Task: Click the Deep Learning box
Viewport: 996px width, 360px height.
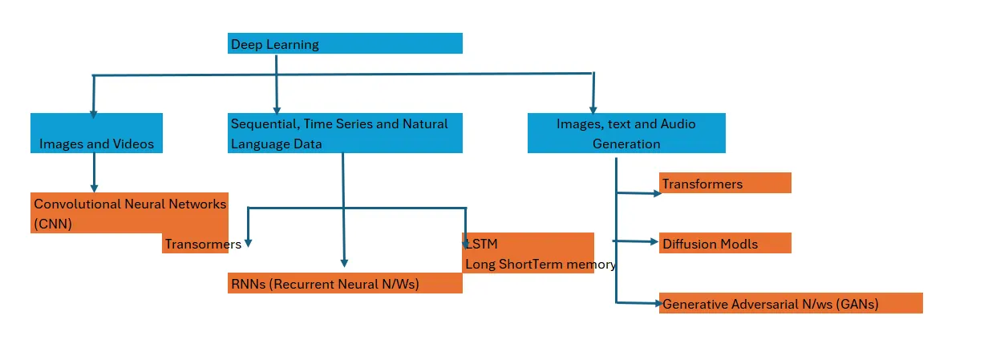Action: click(x=345, y=43)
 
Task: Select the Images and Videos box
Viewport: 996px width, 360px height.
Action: click(x=96, y=133)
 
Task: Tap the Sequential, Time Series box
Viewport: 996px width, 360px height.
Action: click(x=345, y=133)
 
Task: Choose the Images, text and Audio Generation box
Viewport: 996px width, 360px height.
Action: click(x=626, y=133)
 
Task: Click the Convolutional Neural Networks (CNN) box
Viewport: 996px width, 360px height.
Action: click(x=130, y=212)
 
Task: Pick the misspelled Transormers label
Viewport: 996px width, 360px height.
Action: click(x=202, y=245)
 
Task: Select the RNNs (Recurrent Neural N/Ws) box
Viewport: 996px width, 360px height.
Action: click(x=345, y=283)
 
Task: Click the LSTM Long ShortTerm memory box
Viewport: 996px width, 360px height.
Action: click(x=528, y=253)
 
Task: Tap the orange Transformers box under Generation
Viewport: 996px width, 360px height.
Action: click(x=725, y=183)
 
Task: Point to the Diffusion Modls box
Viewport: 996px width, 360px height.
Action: click(x=725, y=243)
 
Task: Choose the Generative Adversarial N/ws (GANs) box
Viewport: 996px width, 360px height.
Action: click(x=791, y=303)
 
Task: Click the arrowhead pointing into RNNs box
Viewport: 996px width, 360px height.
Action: click(x=344, y=261)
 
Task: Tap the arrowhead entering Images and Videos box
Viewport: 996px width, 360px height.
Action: click(x=93, y=114)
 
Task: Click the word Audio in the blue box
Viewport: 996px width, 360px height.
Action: click(x=678, y=123)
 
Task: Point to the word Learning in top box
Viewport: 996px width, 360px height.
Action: click(x=293, y=44)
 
